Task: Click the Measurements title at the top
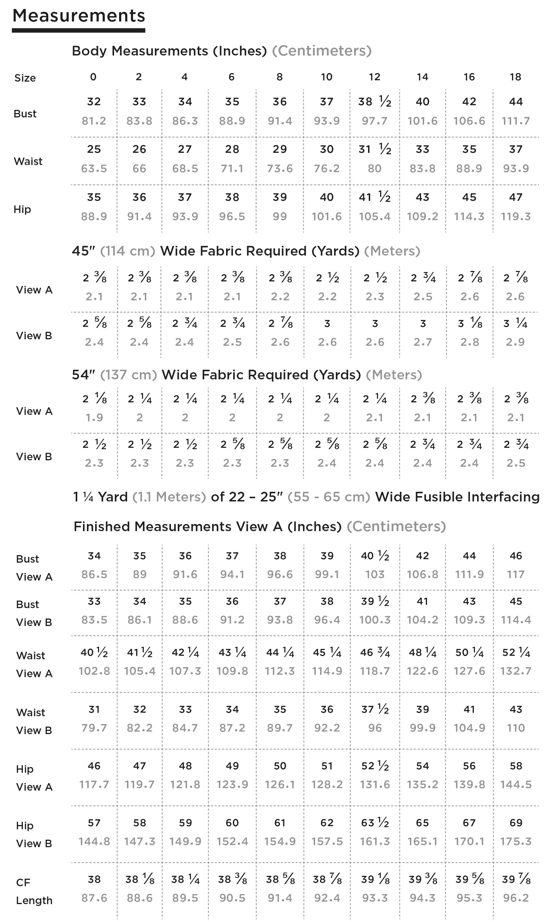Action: (x=79, y=16)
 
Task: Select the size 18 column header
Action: (x=515, y=77)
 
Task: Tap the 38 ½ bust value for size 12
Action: (x=374, y=102)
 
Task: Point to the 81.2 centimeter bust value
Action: (x=94, y=121)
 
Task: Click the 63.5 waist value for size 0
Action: (x=94, y=169)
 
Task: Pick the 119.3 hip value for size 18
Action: (x=515, y=216)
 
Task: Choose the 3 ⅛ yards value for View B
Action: (x=470, y=323)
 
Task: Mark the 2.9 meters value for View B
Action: (x=515, y=342)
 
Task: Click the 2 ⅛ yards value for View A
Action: (x=94, y=399)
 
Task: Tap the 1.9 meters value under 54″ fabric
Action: (x=94, y=418)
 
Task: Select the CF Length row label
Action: (x=34, y=891)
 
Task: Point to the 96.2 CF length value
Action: (x=515, y=898)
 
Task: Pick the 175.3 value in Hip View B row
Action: (x=515, y=841)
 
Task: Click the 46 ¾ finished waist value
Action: (x=375, y=652)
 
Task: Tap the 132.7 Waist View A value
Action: (x=515, y=671)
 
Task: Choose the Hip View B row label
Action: (x=34, y=835)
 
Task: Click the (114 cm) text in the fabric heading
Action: (x=127, y=251)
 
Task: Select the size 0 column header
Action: (x=93, y=77)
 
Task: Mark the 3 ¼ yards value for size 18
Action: (x=515, y=323)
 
